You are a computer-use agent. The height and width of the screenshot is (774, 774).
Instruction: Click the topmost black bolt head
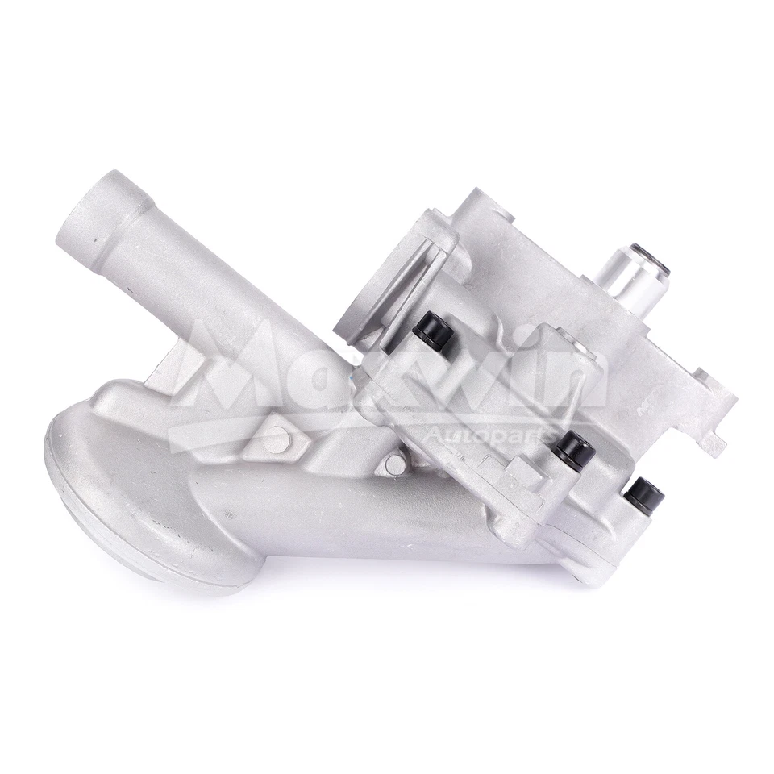434,329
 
